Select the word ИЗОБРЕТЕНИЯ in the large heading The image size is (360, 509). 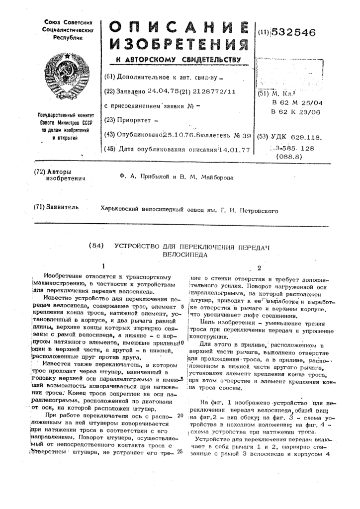point(178,47)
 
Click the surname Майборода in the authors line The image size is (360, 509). point(215,177)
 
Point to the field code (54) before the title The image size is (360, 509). point(95,246)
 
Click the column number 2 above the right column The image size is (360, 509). point(259,267)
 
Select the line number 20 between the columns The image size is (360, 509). point(180,415)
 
